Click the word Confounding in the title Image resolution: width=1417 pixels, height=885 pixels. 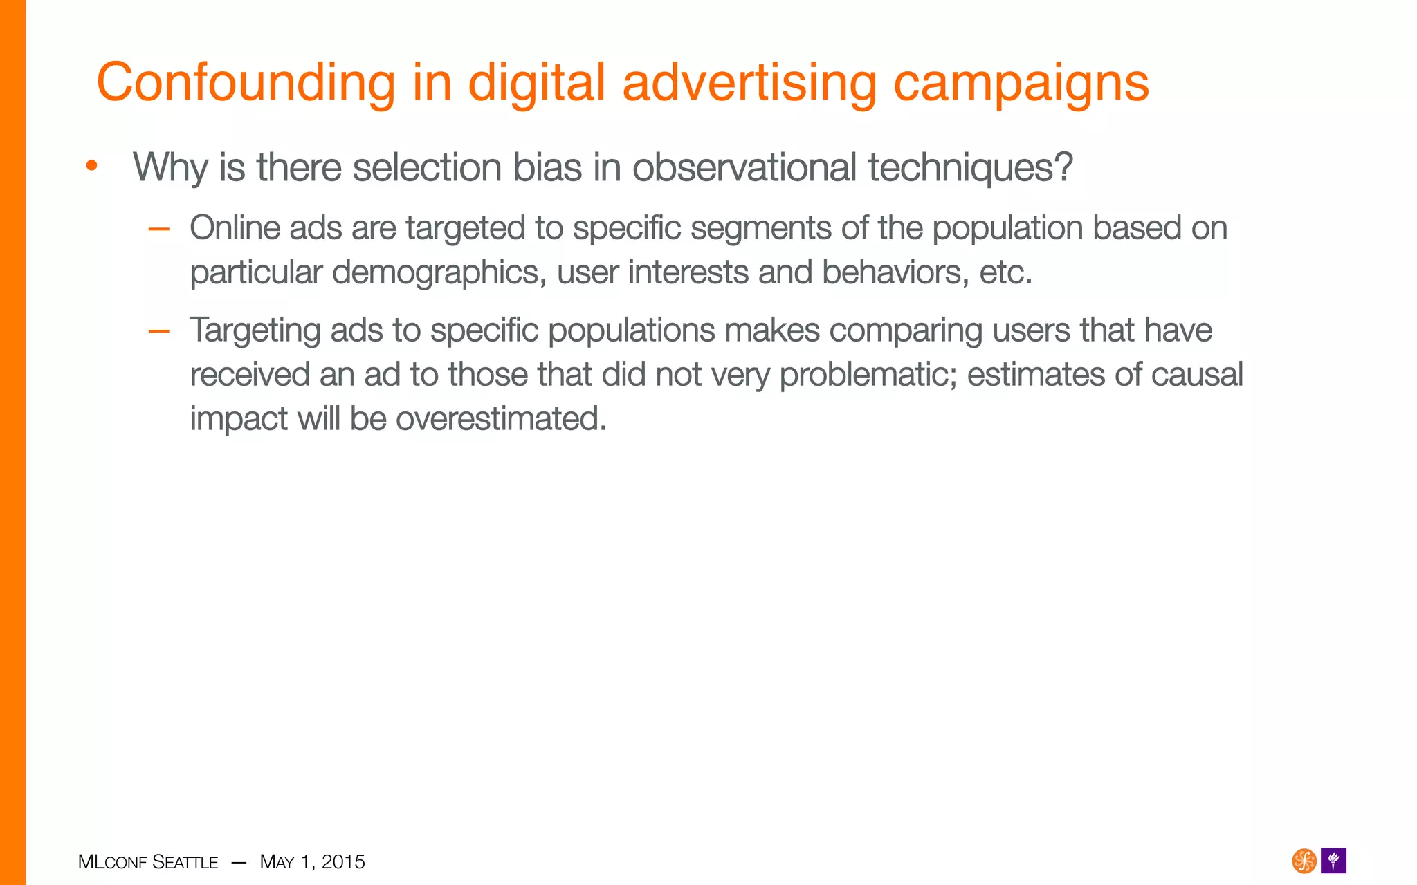point(246,83)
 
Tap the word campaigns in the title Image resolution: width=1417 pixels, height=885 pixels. point(1021,83)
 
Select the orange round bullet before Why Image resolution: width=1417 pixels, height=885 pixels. point(91,167)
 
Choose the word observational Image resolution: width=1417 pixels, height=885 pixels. point(744,167)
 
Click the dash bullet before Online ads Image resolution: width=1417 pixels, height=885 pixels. point(159,229)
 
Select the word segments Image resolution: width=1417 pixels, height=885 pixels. point(760,228)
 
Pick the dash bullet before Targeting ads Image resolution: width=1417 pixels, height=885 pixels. point(159,331)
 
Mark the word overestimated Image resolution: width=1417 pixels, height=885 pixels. point(501,419)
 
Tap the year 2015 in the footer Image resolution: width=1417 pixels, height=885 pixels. point(343,862)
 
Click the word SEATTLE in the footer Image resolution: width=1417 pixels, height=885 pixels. point(185,862)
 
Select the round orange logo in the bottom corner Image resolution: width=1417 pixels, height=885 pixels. point(1304,861)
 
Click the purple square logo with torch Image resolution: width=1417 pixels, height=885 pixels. point(1333,861)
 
